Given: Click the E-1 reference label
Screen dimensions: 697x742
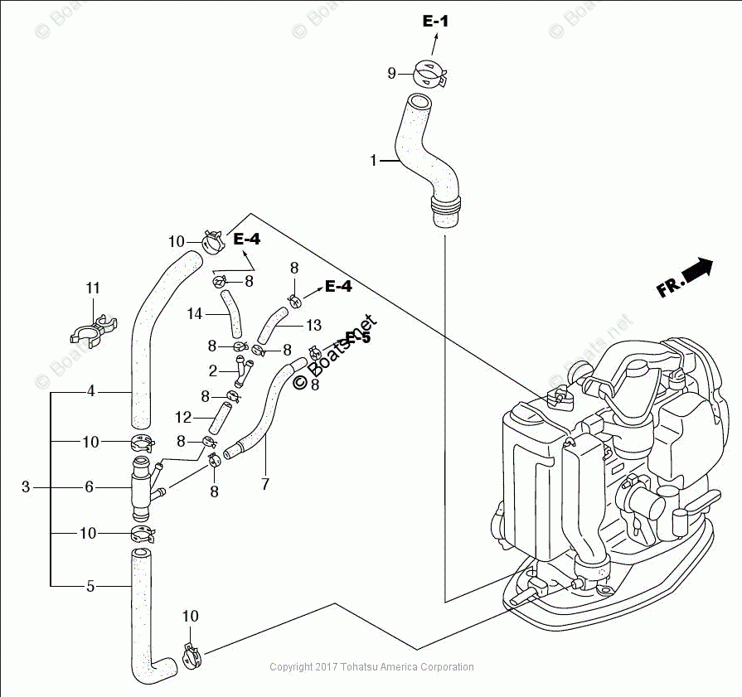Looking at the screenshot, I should pos(435,22).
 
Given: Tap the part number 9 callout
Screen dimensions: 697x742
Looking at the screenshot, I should pos(392,73).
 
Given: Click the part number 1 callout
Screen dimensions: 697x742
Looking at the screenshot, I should pos(374,160).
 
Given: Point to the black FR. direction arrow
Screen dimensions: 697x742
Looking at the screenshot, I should pos(697,269).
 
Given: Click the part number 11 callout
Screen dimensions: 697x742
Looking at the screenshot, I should pos(93,288).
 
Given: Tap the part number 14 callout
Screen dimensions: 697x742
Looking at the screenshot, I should pos(195,314).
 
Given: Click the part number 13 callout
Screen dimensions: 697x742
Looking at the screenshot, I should pos(313,325).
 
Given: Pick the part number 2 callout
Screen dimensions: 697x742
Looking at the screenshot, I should pos(212,370).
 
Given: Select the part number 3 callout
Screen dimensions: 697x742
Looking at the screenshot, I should pos(26,487).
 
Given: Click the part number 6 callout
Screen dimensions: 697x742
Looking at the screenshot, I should pos(89,487).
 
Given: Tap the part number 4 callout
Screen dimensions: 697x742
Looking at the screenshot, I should pos(91,390).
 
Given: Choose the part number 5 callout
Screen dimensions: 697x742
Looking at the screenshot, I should pos(91,586).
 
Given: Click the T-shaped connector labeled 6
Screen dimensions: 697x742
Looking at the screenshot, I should pos(143,487).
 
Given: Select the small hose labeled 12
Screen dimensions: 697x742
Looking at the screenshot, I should pos(217,417).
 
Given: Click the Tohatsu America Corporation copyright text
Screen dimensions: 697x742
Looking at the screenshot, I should pos(372,667).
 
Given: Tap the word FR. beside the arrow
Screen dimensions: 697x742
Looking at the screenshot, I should pos(670,287).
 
